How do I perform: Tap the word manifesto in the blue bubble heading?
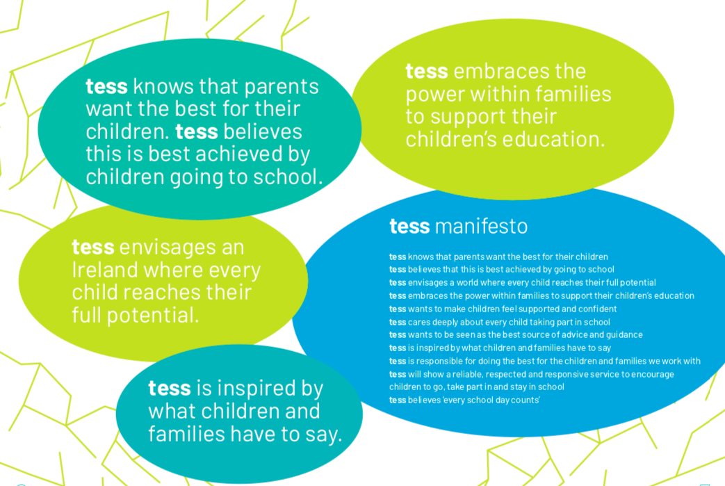pos(481,226)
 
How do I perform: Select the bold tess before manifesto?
pos(409,226)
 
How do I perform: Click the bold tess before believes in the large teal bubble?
pos(197,132)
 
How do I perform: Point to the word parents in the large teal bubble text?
pos(281,87)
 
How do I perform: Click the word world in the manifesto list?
pos(467,282)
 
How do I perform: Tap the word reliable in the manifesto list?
pos(467,374)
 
